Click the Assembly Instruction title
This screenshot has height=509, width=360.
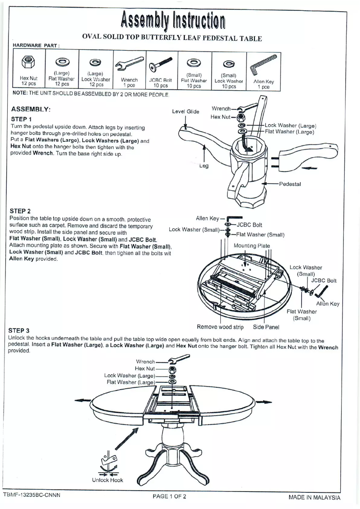[x=172, y=19]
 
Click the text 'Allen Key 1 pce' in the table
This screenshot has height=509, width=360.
[x=263, y=84]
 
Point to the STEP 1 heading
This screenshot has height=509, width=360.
[x=21, y=119]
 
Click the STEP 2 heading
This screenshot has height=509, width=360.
[x=21, y=211]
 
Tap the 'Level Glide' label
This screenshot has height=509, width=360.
[x=186, y=111]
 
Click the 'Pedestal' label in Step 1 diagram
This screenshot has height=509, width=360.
[x=290, y=184]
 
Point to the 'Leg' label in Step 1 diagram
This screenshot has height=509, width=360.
[x=204, y=166]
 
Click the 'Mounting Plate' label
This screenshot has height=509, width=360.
[x=252, y=246]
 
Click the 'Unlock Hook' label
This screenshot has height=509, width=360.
[x=107, y=480]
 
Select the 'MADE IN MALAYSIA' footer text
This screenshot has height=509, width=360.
[x=314, y=497]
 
